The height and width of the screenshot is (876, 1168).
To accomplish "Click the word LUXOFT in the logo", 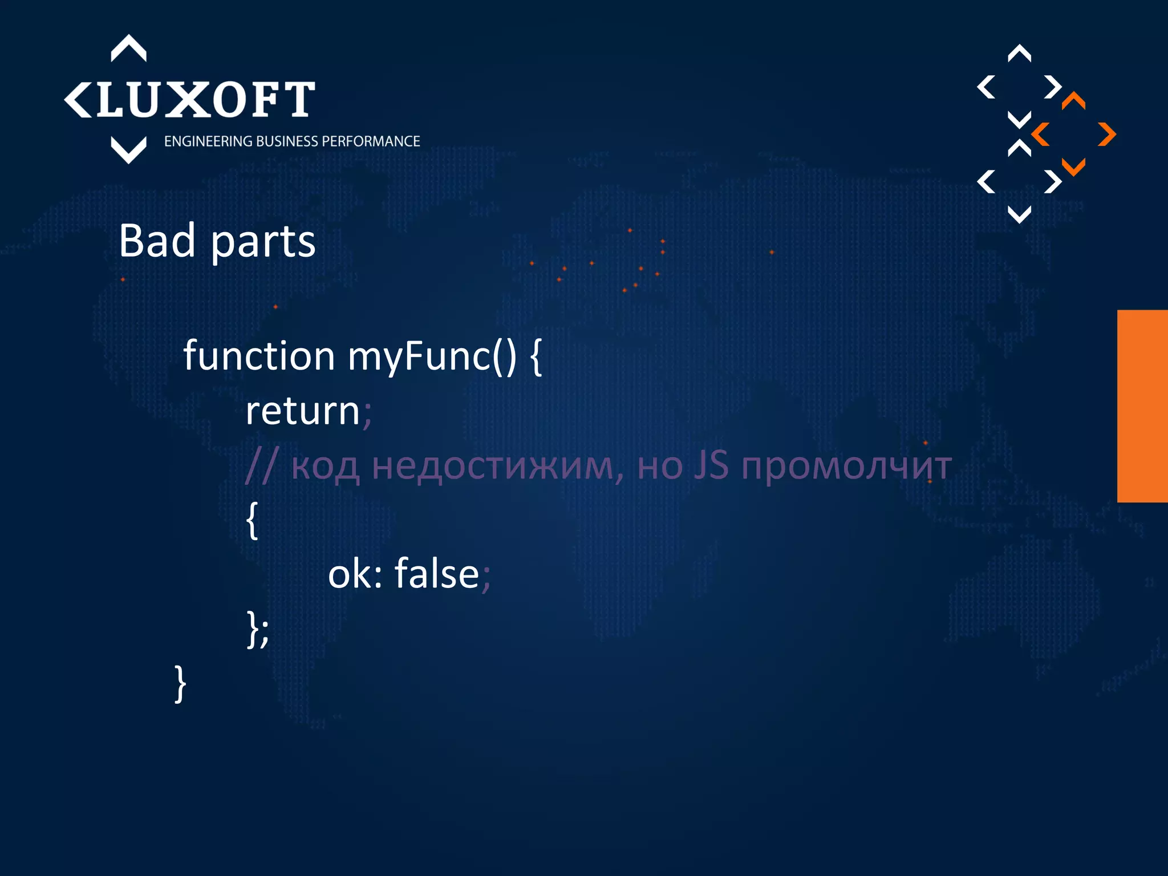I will (205, 100).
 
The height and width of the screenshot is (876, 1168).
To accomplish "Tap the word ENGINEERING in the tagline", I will (209, 141).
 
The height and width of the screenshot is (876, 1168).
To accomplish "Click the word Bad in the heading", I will (157, 241).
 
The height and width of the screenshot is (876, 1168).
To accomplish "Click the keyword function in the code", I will (258, 356).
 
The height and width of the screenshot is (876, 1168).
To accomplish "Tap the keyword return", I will (302, 411).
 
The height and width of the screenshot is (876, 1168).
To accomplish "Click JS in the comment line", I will (711, 465).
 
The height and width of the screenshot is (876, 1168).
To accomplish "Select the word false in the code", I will (437, 574).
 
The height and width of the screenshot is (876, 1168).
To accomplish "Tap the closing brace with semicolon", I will (258, 629).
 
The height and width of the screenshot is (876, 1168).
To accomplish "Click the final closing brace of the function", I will (180, 683).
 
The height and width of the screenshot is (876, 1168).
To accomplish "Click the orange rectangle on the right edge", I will (1142, 406).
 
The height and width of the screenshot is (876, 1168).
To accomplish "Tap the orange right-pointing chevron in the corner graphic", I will (1107, 135).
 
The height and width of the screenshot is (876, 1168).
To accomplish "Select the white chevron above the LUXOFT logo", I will (128, 48).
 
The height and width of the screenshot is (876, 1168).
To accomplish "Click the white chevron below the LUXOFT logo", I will (128, 150).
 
